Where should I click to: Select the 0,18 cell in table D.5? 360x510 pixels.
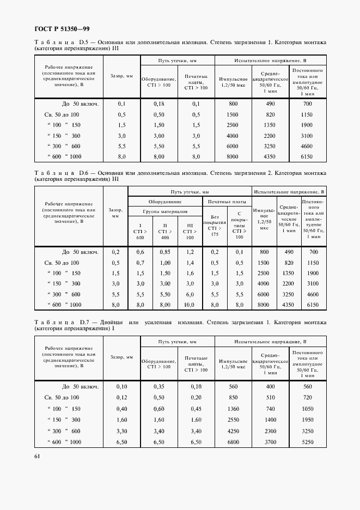[x=159, y=103]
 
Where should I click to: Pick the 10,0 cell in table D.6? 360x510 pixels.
[x=189, y=305]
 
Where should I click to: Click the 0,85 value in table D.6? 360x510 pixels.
[x=165, y=252]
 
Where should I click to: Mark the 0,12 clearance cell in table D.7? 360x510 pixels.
[x=121, y=398]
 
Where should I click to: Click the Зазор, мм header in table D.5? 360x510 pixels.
[x=121, y=76]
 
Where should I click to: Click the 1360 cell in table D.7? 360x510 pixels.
[x=233, y=409]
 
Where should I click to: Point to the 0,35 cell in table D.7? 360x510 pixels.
[x=159, y=386]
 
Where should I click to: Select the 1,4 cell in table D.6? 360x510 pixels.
[x=189, y=263]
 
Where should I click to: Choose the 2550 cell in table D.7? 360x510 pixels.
[x=233, y=420]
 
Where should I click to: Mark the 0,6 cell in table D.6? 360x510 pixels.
[x=141, y=252]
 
